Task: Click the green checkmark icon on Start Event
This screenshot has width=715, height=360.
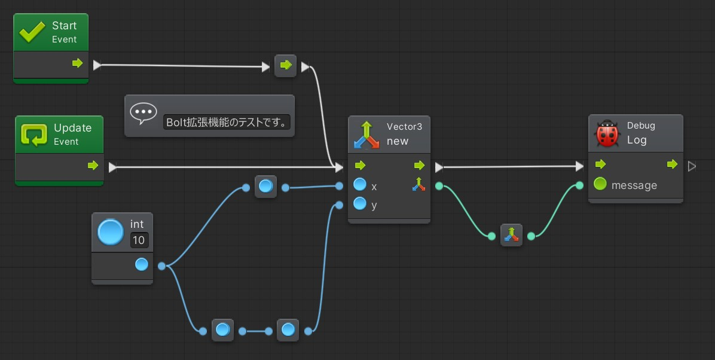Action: [x=32, y=32]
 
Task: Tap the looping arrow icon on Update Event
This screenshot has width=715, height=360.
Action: [x=34, y=135]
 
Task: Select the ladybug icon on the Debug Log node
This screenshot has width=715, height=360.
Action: [x=607, y=133]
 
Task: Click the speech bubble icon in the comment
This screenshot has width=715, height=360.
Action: [x=143, y=114]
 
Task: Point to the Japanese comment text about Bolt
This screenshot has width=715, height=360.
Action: [x=227, y=122]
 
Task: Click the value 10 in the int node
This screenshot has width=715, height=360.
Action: [x=139, y=240]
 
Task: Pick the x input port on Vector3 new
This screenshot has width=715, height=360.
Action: [x=360, y=184]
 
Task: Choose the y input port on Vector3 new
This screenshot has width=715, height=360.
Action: [x=360, y=203]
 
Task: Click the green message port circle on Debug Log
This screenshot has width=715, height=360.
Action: [x=600, y=184]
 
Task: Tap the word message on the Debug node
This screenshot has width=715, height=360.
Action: [x=634, y=185]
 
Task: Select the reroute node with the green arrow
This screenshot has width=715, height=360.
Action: [x=285, y=66]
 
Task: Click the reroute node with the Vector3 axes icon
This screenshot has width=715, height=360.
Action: [x=511, y=235]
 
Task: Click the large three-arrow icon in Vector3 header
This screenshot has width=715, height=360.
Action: [x=366, y=135]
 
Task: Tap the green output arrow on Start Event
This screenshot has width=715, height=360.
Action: [x=78, y=63]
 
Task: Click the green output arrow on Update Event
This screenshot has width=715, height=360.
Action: [x=93, y=165]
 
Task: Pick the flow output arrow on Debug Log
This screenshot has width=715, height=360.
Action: [x=672, y=164]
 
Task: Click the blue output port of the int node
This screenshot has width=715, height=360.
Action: [x=142, y=265]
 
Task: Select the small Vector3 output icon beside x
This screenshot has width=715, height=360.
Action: [x=418, y=184]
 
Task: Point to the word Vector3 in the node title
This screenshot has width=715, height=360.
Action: [x=405, y=126]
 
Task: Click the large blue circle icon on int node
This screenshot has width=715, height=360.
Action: [x=111, y=232]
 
